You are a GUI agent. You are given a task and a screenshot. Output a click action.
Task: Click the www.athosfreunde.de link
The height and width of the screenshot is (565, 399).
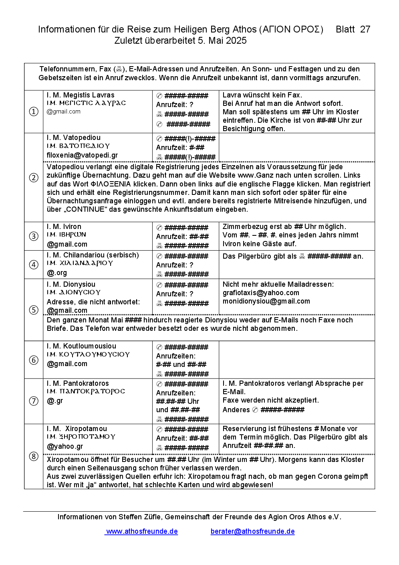pos(142,531)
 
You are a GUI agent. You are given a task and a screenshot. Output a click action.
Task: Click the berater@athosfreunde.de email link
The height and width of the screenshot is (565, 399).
pos(252,531)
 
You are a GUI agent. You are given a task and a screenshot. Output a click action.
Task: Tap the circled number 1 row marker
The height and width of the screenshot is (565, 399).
pos(34,111)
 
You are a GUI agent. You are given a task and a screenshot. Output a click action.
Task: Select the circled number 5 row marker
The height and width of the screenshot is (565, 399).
pos(34,310)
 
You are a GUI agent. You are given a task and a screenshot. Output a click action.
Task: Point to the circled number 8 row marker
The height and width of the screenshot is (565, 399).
pos(34,456)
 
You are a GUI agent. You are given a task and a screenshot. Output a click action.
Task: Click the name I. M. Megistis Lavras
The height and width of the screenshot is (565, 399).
pos(81,95)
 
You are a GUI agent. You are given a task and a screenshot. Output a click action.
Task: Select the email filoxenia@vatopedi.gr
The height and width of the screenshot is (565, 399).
pos(82,155)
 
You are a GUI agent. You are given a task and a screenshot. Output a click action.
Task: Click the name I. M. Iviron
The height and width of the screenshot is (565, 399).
pos(64,227)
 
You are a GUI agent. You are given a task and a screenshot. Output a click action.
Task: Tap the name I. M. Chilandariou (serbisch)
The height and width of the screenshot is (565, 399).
pos(93,255)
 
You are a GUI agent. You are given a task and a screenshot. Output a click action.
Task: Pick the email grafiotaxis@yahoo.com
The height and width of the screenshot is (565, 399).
pos(261,293)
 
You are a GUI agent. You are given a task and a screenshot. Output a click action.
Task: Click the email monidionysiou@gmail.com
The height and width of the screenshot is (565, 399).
pos(266,301)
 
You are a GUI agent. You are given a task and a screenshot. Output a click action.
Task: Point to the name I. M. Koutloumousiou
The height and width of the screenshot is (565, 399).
pos(81,346)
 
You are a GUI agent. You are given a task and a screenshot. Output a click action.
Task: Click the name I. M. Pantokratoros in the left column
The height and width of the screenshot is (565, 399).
pos(78,383)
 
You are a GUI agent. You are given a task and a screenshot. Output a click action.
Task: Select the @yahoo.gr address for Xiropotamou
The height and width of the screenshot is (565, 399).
pos(65,446)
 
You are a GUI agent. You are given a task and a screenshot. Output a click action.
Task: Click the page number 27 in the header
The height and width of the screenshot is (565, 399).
pos(365,29)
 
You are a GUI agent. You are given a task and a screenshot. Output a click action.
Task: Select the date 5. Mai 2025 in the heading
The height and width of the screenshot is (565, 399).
pos(222,41)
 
